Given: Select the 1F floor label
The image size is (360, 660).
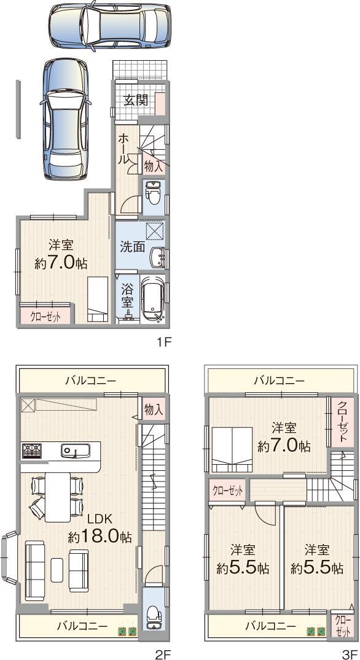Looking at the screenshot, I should coord(162,343).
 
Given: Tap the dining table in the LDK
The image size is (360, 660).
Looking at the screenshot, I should coord(57,494).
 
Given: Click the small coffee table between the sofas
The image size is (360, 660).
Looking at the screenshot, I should coord(57,569).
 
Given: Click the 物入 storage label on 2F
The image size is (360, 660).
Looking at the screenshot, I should coord(154,410).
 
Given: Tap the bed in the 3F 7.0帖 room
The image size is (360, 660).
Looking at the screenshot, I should coord(230,449).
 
